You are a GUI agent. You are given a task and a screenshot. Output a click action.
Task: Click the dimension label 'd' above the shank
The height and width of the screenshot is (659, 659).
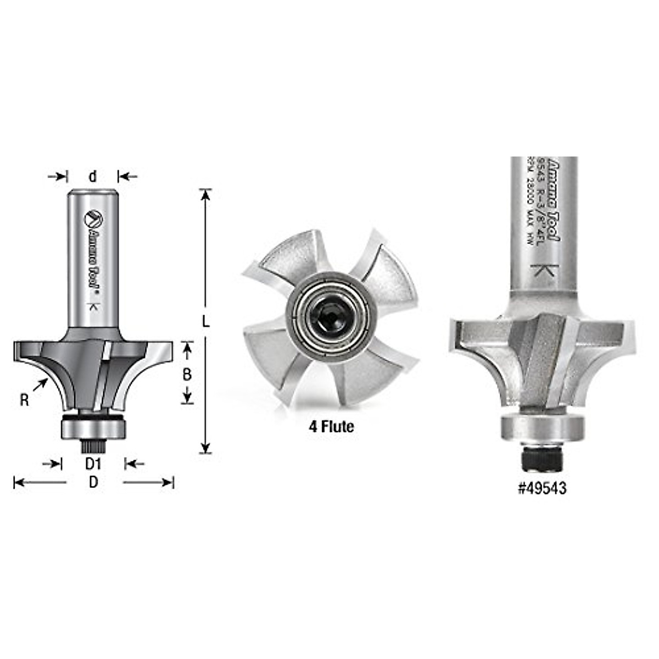coord(93,176)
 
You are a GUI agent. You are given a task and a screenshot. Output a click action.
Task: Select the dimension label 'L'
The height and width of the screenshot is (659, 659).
coord(206,322)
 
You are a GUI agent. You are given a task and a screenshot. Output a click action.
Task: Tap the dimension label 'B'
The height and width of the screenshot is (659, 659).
coord(187,375)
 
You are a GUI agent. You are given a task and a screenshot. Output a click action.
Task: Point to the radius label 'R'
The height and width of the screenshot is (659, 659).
coord(24,400)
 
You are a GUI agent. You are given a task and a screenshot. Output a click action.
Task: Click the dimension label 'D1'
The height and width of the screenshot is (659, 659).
coord(93,465)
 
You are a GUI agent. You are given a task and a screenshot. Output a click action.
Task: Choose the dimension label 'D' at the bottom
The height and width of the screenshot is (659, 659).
coord(93,483)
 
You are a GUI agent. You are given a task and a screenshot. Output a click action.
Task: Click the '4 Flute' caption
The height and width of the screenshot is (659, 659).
coord(331,427)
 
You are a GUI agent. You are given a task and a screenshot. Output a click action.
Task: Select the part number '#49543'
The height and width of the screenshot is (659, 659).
coord(542,488)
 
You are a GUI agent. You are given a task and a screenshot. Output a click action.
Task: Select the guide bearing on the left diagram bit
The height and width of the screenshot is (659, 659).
coord(93,427)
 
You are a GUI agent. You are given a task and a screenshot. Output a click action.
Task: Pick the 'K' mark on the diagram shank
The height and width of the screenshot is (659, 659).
coord(93,308)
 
